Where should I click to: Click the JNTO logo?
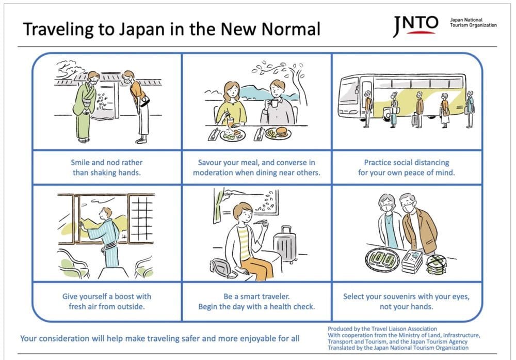tap(415, 26)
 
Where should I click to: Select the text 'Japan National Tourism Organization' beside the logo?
tap(473, 22)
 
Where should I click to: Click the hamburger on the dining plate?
tap(282, 132)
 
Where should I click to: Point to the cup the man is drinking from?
tap(274, 103)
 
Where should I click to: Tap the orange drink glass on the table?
tap(232, 122)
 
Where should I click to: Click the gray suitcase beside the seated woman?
tap(285, 244)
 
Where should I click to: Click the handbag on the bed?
tap(222, 267)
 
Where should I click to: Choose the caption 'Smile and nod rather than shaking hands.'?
tap(107, 167)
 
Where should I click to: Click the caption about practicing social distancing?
tap(407, 167)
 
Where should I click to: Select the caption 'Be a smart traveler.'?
tap(256, 296)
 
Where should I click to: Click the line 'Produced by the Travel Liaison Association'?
tap(382, 328)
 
